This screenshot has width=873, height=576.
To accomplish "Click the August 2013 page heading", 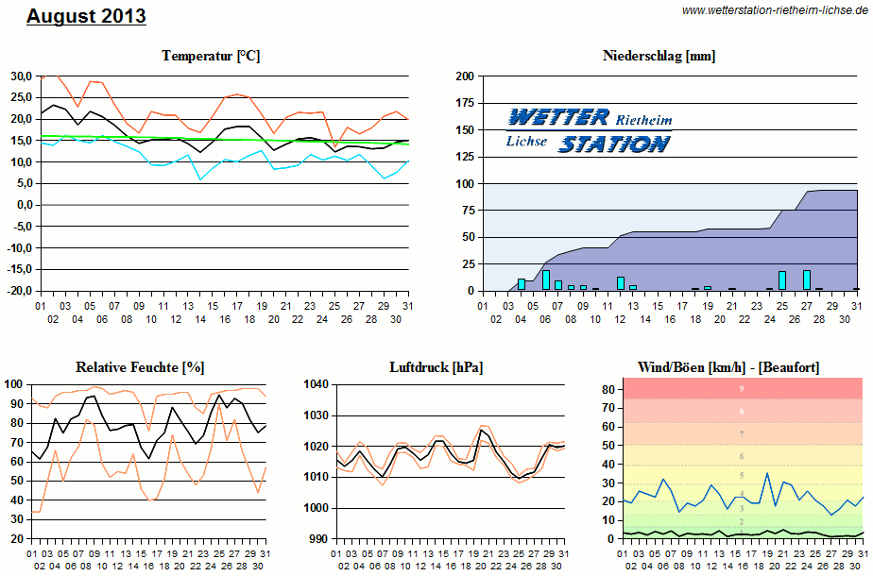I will [x=86, y=16].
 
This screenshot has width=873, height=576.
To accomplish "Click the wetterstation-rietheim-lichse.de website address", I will [x=774, y=9].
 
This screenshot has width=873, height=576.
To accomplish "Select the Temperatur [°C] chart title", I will [x=211, y=57].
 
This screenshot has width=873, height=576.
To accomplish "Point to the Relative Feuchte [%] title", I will [x=140, y=366].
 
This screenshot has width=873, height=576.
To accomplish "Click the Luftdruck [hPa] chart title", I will [x=436, y=366].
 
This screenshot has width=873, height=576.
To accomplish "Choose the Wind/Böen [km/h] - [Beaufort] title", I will [x=728, y=366].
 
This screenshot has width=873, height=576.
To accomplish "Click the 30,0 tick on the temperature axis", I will [x=21, y=76].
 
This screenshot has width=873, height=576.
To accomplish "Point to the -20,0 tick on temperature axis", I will [x=19, y=291].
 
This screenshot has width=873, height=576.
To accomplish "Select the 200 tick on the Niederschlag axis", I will [x=463, y=76].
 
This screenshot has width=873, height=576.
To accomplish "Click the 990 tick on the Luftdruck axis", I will [x=317, y=538].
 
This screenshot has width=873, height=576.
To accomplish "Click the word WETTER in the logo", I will [x=558, y=117].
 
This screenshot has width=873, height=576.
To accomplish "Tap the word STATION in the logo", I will [x=613, y=144].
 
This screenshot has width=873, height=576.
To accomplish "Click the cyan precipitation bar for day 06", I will [x=545, y=280].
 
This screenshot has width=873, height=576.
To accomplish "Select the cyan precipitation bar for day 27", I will [x=807, y=280].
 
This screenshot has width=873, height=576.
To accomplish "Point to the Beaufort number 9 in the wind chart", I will [x=742, y=389].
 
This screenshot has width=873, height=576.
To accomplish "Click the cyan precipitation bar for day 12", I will [x=620, y=282].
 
